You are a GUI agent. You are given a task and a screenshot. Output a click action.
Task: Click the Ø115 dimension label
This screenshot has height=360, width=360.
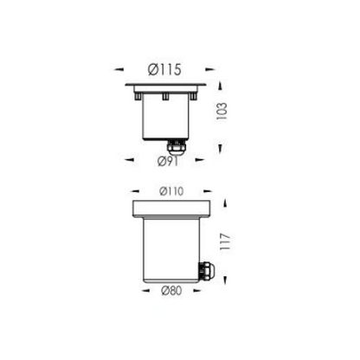tap(164, 69)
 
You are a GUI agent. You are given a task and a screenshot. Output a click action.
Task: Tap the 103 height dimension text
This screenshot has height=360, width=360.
tap(222, 112)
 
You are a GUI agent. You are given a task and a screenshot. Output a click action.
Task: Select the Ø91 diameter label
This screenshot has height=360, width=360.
tap(168, 161)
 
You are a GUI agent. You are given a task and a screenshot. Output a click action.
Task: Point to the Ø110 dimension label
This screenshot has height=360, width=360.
tap(171, 191)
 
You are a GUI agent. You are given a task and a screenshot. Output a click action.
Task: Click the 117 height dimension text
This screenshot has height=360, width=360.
tap(225, 242)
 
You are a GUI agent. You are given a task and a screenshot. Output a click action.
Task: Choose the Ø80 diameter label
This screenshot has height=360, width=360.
tap(171, 291)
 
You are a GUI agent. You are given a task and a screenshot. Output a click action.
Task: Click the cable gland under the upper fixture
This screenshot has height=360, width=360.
tap(175, 147)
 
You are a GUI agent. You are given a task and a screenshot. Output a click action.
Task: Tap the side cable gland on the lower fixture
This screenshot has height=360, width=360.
tap(204, 270)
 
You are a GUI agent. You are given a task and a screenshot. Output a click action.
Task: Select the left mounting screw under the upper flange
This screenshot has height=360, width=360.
tap(138, 96)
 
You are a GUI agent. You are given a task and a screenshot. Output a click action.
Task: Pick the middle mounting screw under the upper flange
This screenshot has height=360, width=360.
tap(165, 96)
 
